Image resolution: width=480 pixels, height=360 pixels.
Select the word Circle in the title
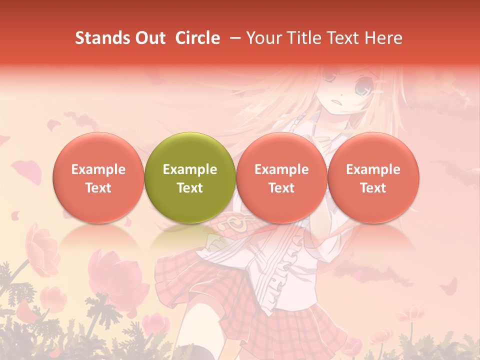tap(197, 38)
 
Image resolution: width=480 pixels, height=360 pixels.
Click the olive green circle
tap(190, 177)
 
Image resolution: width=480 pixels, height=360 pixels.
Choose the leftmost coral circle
tap(98, 177)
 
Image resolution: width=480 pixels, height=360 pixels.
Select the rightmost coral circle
tap(373, 177)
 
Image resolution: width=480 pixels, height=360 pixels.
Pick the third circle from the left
tap(281, 177)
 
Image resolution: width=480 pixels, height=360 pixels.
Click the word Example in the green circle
tap(190, 169)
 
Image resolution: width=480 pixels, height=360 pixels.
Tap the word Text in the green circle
tap(190, 188)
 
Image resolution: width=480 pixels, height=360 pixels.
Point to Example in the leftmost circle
tap(98, 169)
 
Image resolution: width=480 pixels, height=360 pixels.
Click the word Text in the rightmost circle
tap(373, 188)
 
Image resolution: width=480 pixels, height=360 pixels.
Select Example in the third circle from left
tap(281, 169)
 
